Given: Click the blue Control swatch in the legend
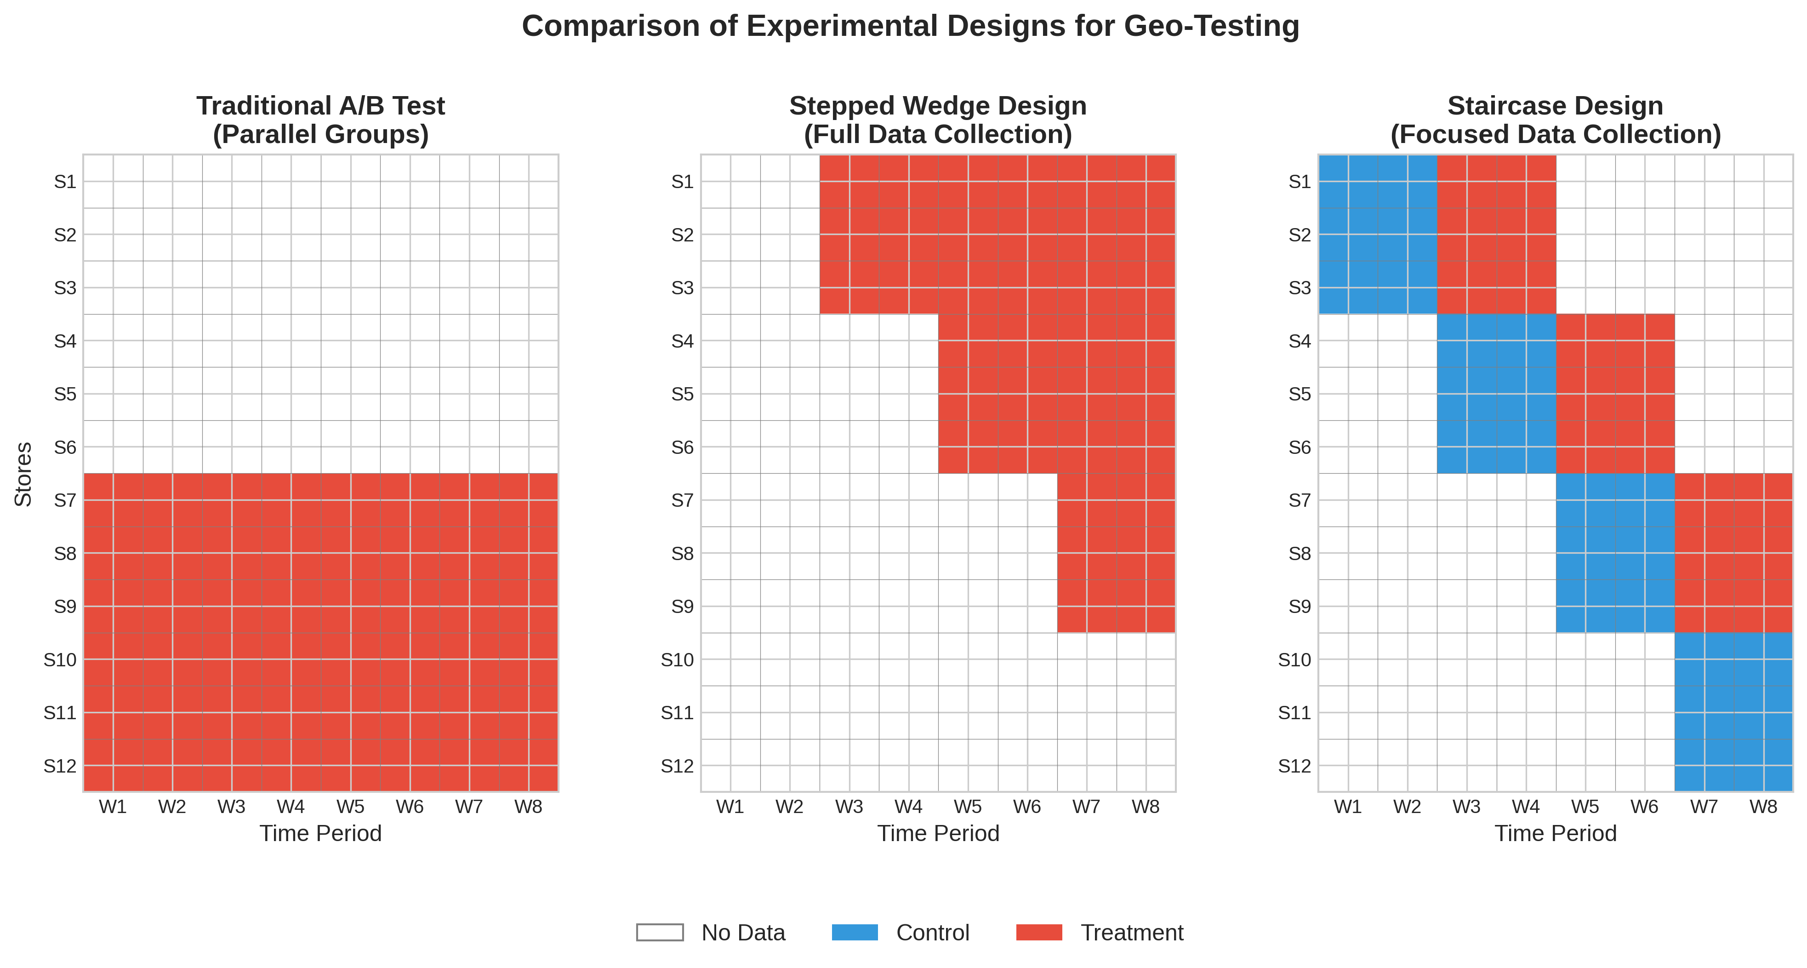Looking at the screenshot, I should tap(855, 932).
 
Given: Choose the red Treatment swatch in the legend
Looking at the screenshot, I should tap(1039, 932).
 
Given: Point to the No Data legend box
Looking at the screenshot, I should tap(659, 932).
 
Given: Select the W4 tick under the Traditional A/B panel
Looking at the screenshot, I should tap(291, 807).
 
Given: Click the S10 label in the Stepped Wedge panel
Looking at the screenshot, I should tap(677, 660).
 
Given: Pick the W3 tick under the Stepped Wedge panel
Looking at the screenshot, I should tap(849, 807).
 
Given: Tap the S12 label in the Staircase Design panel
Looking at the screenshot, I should tap(1294, 766).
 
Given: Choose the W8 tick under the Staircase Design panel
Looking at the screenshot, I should tap(1763, 807).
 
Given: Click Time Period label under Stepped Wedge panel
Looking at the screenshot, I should tap(938, 833).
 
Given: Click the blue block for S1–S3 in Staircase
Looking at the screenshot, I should tap(1378, 235).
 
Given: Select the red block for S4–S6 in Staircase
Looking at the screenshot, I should tap(1615, 394).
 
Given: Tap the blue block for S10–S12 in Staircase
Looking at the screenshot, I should tap(1733, 712).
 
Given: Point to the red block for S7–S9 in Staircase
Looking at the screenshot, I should tap(1733, 553).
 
